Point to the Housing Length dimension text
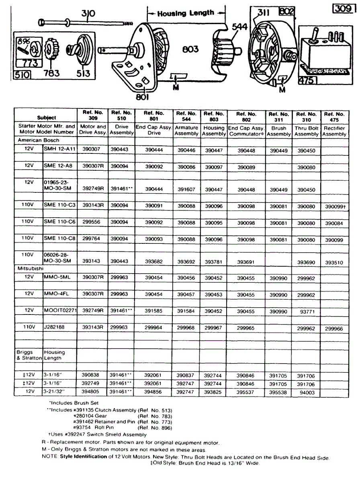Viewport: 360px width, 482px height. [x=186, y=13]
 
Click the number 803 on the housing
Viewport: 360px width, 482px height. [x=190, y=49]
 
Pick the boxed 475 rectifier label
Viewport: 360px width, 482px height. [x=308, y=81]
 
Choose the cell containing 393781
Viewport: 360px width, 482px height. [x=214, y=261]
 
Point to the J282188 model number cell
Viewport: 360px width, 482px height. [x=55, y=327]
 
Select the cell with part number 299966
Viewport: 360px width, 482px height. [x=335, y=328]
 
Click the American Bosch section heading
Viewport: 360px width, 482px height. [x=39, y=140]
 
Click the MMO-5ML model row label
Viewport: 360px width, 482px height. [x=57, y=277]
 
